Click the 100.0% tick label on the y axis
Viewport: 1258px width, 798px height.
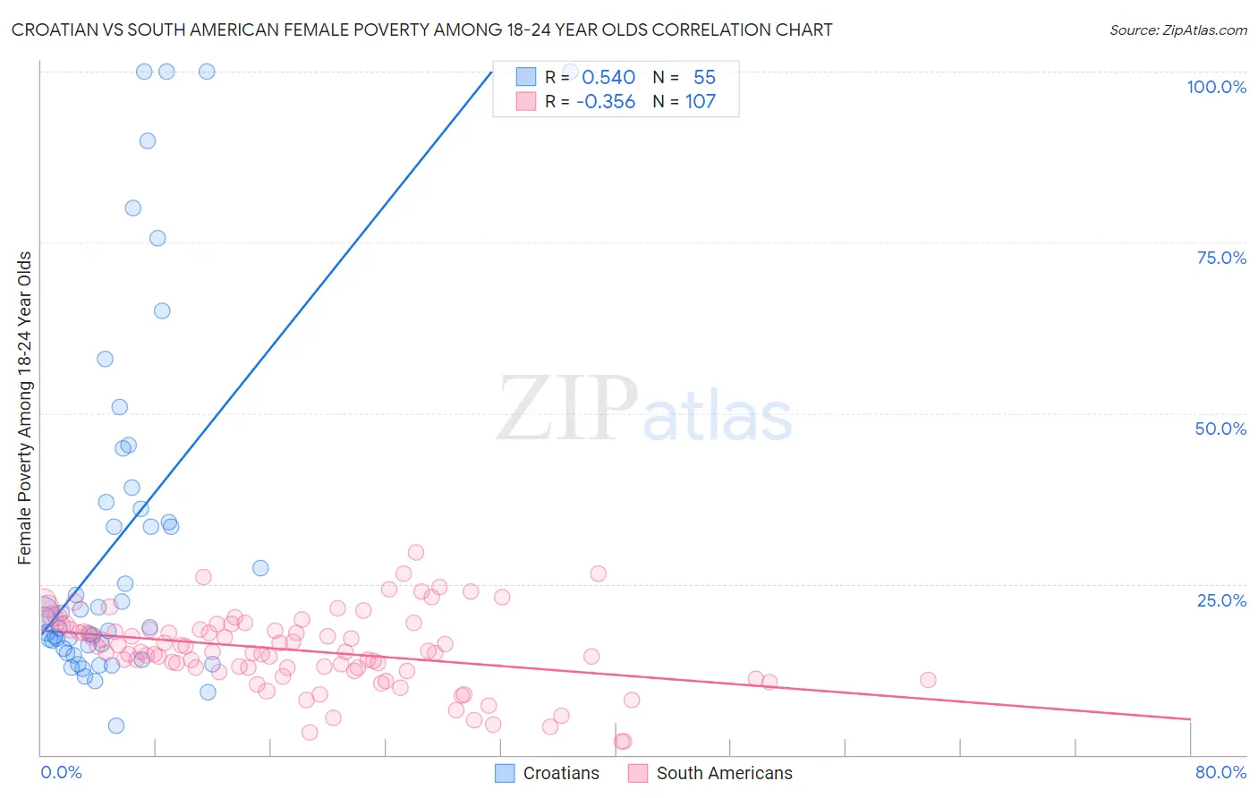[1216, 87]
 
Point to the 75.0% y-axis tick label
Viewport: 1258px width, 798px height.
[1221, 258]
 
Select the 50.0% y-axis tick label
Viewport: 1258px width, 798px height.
[1220, 429]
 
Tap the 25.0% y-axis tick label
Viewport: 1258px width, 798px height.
[1221, 600]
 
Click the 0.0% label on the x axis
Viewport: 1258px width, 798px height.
[61, 772]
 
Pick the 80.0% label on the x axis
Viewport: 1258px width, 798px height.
[1220, 772]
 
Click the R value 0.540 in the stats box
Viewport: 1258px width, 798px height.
[608, 78]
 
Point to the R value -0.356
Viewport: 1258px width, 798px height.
[606, 102]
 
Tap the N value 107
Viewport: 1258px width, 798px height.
[701, 102]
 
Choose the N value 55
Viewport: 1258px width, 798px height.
[704, 78]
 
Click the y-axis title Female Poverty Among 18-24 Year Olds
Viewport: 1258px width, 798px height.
[25, 408]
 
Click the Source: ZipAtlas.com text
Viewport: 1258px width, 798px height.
[1177, 30]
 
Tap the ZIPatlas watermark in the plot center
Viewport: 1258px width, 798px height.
[644, 410]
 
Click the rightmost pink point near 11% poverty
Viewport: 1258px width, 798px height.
[928, 680]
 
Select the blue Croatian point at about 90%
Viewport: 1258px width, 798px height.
[148, 140]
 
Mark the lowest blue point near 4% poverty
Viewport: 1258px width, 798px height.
[116, 726]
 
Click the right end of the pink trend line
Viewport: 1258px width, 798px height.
[1190, 719]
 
